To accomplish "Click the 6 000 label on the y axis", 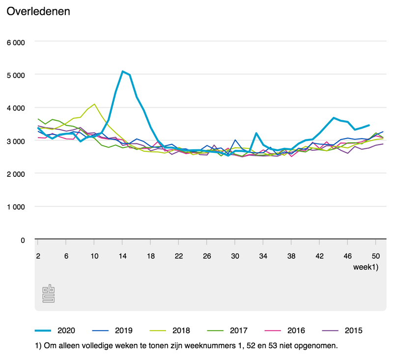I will click(15, 42).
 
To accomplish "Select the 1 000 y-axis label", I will click(15, 207).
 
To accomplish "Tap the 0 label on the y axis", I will click(22, 240).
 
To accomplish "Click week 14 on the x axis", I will click(123, 256).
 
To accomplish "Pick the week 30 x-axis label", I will click(236, 256).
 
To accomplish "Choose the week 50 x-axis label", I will click(376, 256).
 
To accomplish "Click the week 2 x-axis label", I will click(38, 256).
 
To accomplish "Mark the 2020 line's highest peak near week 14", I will click(122, 71).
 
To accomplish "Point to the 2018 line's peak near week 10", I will click(94, 104).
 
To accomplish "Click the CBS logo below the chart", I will click(48, 293).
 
